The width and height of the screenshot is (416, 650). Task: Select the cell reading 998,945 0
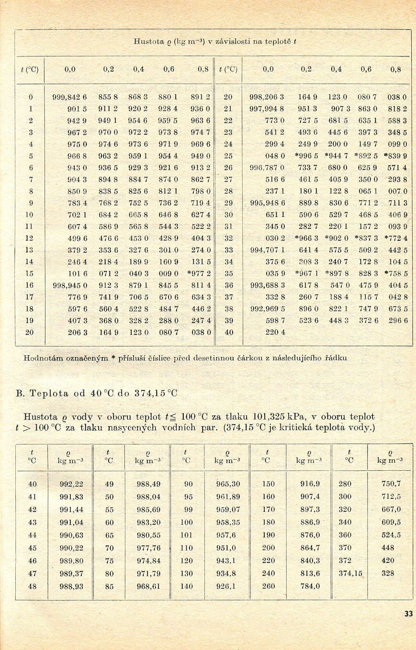coord(69,285)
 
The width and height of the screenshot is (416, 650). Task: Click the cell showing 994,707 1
coord(267,250)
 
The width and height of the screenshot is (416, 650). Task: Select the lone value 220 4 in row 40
coord(275,332)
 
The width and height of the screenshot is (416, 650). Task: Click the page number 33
coord(408,614)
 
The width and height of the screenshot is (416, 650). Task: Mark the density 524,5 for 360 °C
coord(391,535)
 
